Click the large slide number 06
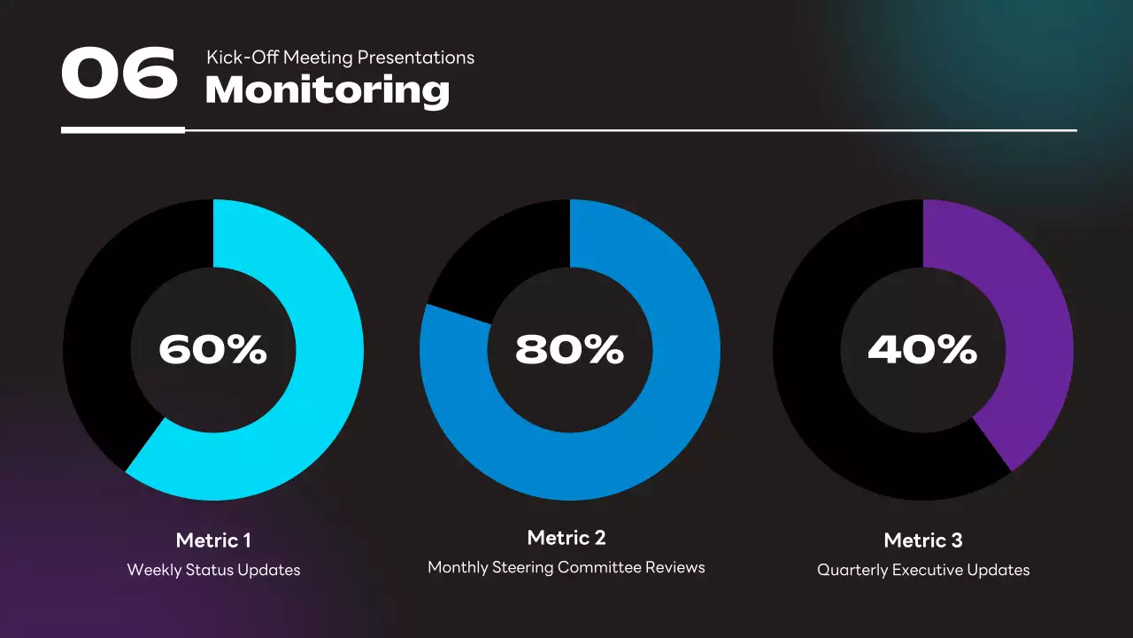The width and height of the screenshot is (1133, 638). point(119,74)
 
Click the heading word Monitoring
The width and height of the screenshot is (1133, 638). point(328,90)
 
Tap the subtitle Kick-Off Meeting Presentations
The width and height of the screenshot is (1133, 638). point(340,58)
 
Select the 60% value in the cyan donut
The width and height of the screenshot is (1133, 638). point(212,350)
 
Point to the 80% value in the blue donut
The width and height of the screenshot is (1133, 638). point(569,350)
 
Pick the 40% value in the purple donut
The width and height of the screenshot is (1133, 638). point(922,350)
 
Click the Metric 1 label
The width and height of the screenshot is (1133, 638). point(212,541)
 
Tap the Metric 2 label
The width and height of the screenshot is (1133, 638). point(566,538)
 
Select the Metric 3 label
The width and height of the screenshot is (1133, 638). point(923,541)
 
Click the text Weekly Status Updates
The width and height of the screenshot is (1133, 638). point(213,570)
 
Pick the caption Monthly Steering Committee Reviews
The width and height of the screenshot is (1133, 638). point(566,567)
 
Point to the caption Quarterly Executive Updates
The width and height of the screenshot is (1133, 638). point(923,570)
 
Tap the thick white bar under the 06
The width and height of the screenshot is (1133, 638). point(122,130)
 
